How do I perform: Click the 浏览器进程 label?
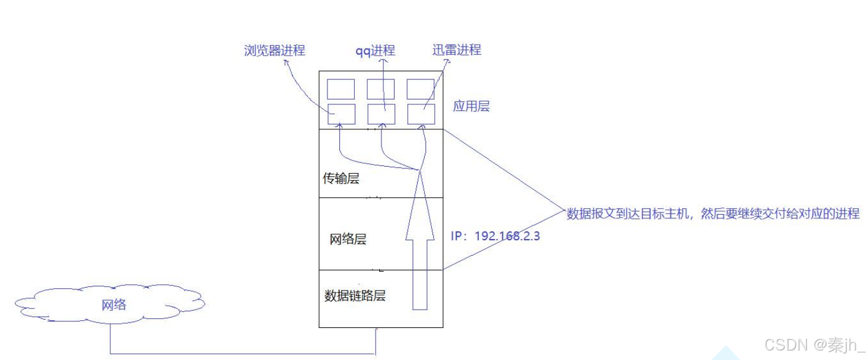[x=274, y=50]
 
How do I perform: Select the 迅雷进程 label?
[x=456, y=50]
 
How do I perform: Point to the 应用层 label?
[x=471, y=107]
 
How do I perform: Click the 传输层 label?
[x=341, y=178]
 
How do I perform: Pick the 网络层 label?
[x=348, y=240]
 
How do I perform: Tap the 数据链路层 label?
[x=355, y=296]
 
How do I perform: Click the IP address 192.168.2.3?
[x=496, y=235]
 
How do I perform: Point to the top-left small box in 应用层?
[x=341, y=89]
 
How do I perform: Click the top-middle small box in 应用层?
[x=380, y=89]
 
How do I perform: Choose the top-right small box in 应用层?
[x=421, y=89]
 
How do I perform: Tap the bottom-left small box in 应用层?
[x=341, y=114]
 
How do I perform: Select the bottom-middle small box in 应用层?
[x=380, y=114]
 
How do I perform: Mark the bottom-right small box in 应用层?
[x=421, y=114]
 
